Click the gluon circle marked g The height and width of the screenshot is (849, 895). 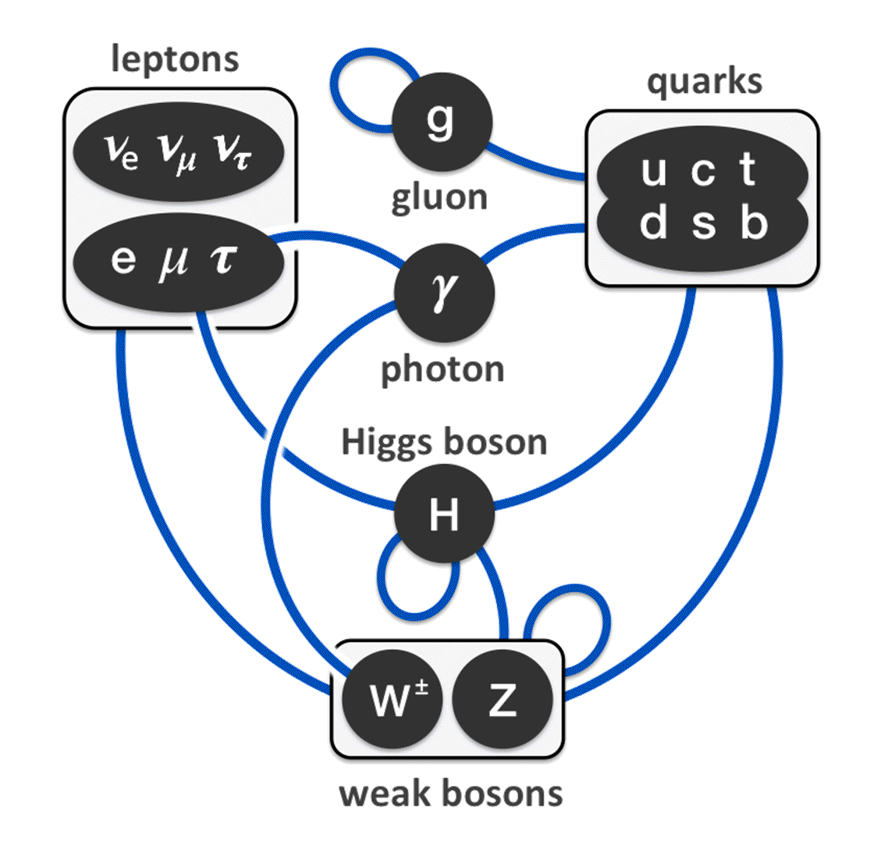(442, 121)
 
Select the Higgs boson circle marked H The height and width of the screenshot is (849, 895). (444, 515)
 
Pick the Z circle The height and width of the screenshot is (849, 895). (502, 701)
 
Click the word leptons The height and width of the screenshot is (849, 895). (175, 59)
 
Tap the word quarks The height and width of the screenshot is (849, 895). (704, 81)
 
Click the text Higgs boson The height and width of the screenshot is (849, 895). (444, 443)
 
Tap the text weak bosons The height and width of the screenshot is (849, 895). (451, 794)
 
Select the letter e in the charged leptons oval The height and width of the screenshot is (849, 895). (123, 260)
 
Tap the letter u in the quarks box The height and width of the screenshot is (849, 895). (653, 171)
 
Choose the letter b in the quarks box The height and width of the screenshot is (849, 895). (754, 223)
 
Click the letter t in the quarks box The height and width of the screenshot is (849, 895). (748, 169)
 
